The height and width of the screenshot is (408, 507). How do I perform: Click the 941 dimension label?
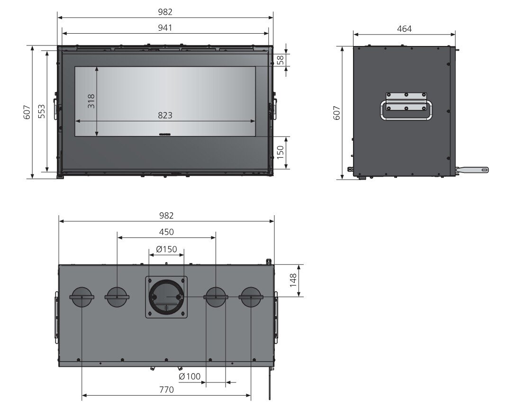[x=165, y=28]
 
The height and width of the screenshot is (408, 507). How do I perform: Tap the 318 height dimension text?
[x=91, y=101]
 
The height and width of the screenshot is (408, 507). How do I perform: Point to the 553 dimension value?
[x=42, y=111]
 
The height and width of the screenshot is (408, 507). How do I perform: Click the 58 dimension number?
[x=280, y=60]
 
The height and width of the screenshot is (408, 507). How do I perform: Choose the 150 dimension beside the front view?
[x=280, y=152]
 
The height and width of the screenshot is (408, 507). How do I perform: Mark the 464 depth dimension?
[x=404, y=29]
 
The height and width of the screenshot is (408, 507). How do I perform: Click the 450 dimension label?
[x=166, y=232]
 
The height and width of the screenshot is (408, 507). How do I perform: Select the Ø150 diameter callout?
[x=166, y=249]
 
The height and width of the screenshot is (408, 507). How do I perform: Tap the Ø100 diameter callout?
[x=190, y=377]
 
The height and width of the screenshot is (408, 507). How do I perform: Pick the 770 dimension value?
[x=166, y=390]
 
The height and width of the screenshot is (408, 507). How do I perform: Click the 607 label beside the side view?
[x=337, y=113]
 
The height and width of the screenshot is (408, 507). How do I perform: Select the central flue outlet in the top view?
[x=166, y=297]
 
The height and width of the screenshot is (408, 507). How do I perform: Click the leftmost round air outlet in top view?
[x=82, y=297]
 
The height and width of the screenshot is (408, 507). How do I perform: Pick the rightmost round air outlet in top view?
[x=251, y=297]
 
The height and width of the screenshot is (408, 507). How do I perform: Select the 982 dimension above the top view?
[x=166, y=216]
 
